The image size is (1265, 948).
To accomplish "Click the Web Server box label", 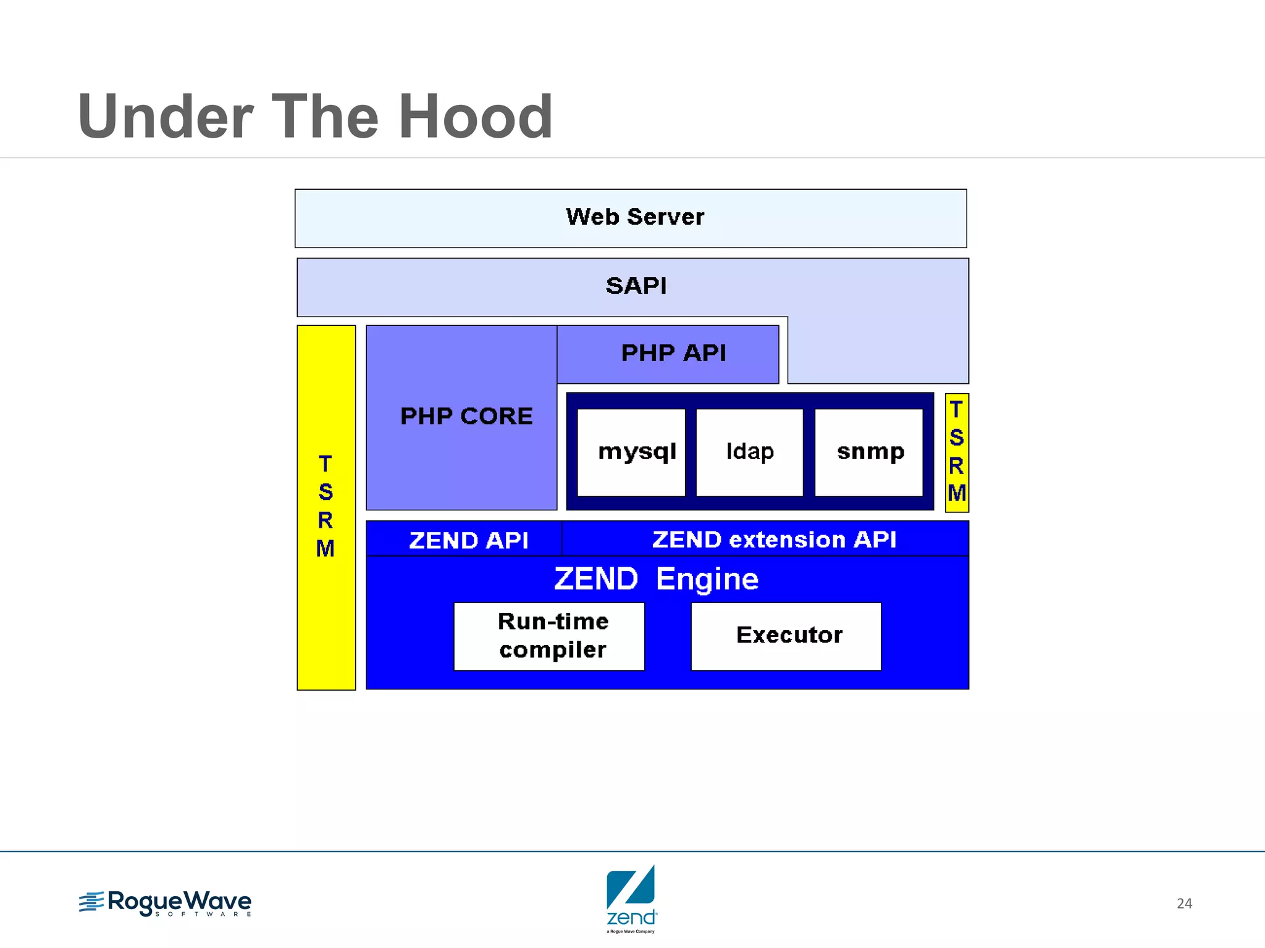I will click(x=634, y=217).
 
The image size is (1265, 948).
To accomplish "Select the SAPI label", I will click(x=636, y=286).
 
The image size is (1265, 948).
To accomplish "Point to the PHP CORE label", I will click(x=466, y=416).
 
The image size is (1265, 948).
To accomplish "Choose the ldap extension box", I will click(x=749, y=452).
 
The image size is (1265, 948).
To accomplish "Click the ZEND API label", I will click(x=468, y=540).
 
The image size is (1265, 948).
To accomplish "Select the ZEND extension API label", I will click(x=773, y=539).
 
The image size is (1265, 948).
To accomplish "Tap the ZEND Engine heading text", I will click(x=656, y=579).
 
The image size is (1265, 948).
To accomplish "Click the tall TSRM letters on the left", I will click(x=326, y=506).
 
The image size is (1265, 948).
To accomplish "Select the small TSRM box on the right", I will click(x=956, y=452).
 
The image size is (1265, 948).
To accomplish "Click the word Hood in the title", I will click(x=476, y=116).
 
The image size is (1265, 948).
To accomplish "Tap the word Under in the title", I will click(x=166, y=116).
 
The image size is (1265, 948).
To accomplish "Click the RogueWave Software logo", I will click(x=166, y=903).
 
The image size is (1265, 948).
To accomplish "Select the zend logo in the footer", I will click(x=631, y=898).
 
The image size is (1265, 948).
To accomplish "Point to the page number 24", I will click(x=1184, y=904).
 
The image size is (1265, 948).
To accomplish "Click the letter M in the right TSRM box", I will click(x=957, y=493).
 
